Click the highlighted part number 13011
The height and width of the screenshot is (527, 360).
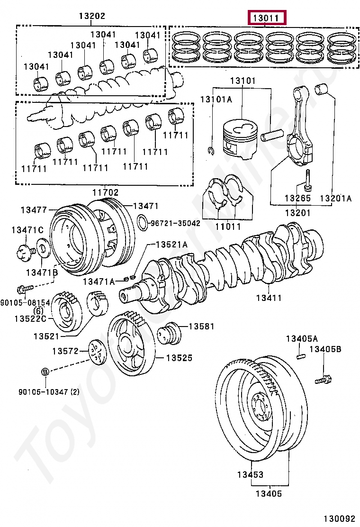coord(268,18)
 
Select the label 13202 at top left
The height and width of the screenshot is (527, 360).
coord(92,16)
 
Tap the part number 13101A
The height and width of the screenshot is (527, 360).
coord(216,99)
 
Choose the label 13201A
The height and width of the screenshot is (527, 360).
coord(335,198)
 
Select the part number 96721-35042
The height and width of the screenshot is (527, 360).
coord(175,222)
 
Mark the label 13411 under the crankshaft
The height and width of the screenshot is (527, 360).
coord(269,298)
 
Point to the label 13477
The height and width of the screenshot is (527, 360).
coord(34,209)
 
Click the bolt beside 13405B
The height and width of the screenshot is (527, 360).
coord(324,379)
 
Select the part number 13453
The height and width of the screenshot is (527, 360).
coord(251,474)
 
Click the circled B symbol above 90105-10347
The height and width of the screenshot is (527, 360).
coord(45,372)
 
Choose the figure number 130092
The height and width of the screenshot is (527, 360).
coord(339,519)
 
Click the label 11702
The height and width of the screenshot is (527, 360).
coord(105,192)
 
